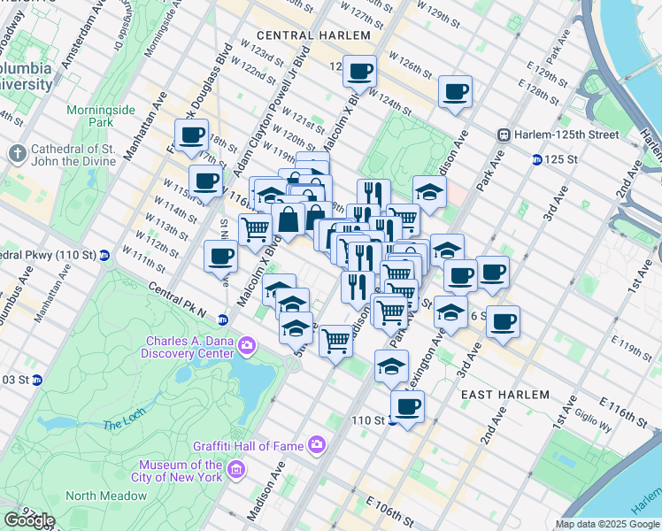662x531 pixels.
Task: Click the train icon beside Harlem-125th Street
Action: (504, 135)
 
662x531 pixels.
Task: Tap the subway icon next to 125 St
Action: (537, 159)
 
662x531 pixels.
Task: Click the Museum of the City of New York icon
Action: (235, 466)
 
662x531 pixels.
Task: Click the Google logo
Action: (29, 519)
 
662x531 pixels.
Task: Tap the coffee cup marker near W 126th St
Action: (359, 71)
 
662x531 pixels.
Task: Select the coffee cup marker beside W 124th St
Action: (455, 91)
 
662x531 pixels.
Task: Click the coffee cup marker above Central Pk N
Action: (220, 257)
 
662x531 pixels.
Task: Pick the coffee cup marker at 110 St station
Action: (407, 406)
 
